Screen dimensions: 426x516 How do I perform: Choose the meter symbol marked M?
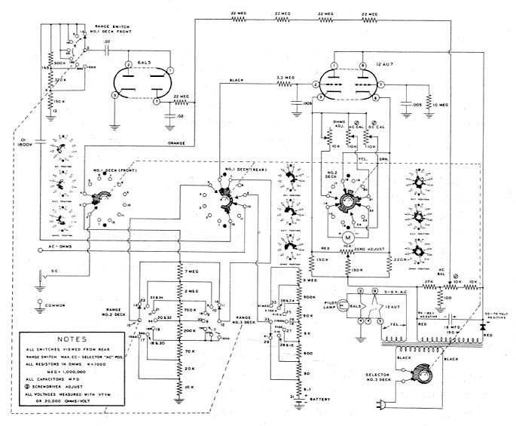[348, 235]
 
